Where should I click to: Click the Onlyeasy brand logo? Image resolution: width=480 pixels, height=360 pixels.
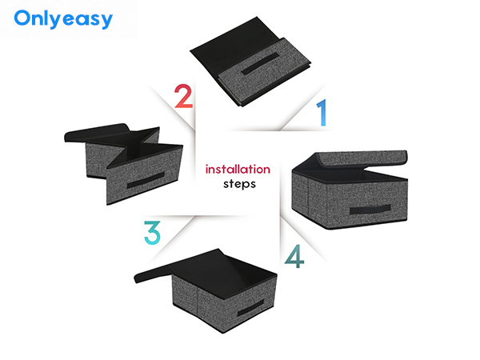click(63, 19)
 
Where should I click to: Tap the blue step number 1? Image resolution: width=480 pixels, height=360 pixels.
click(322, 112)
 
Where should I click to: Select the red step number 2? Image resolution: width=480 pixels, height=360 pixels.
click(183, 96)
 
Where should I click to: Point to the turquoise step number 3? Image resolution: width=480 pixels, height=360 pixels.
click(152, 233)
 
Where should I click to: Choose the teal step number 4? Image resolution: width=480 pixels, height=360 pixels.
click(294, 256)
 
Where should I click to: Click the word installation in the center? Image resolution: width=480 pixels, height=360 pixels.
click(238, 169)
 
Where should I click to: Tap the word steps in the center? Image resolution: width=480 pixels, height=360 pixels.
click(239, 184)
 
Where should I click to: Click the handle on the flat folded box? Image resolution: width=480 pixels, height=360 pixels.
click(260, 64)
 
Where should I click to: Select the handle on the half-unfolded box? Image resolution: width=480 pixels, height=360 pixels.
click(146, 180)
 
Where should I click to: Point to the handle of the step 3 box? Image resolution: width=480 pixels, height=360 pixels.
click(250, 309)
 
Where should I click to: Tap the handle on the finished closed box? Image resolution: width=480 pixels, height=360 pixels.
click(370, 210)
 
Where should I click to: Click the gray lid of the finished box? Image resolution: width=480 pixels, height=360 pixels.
click(362, 158)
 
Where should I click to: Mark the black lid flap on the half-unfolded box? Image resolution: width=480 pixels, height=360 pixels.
click(97, 132)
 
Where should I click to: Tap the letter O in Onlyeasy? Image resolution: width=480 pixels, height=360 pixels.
click(22, 18)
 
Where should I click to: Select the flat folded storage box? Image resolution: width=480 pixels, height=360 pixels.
click(250, 62)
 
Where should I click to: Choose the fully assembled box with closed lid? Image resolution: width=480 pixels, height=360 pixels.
click(350, 190)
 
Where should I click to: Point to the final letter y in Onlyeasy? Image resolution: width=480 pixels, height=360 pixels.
click(106, 22)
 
